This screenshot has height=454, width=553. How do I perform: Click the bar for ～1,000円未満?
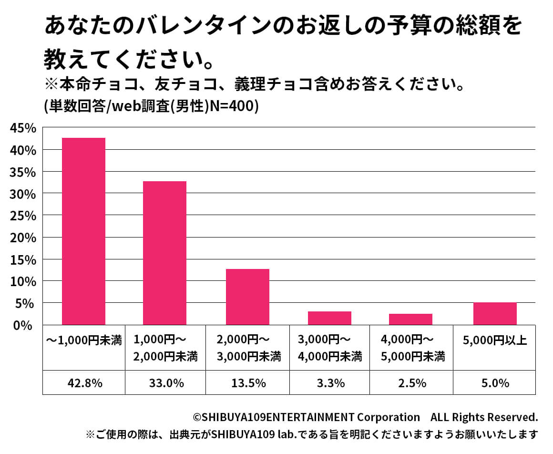(x=83, y=231)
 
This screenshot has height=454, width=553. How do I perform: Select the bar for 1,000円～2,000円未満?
(x=164, y=253)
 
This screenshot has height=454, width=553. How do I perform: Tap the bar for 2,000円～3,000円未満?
(x=247, y=297)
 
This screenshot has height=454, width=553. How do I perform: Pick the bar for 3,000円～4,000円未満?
(x=329, y=318)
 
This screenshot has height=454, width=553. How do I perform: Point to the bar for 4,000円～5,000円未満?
(x=410, y=319)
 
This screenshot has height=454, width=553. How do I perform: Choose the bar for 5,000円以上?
(x=495, y=313)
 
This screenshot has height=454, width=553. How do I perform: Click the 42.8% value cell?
(x=83, y=383)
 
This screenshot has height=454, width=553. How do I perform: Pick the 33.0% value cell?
(x=165, y=383)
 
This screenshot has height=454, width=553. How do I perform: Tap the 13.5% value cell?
(x=247, y=383)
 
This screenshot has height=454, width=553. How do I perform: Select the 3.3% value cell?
(x=329, y=383)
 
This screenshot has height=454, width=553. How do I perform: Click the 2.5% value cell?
(x=411, y=383)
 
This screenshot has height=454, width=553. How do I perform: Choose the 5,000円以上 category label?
(x=494, y=341)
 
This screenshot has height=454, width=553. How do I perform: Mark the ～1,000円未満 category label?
(x=84, y=341)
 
